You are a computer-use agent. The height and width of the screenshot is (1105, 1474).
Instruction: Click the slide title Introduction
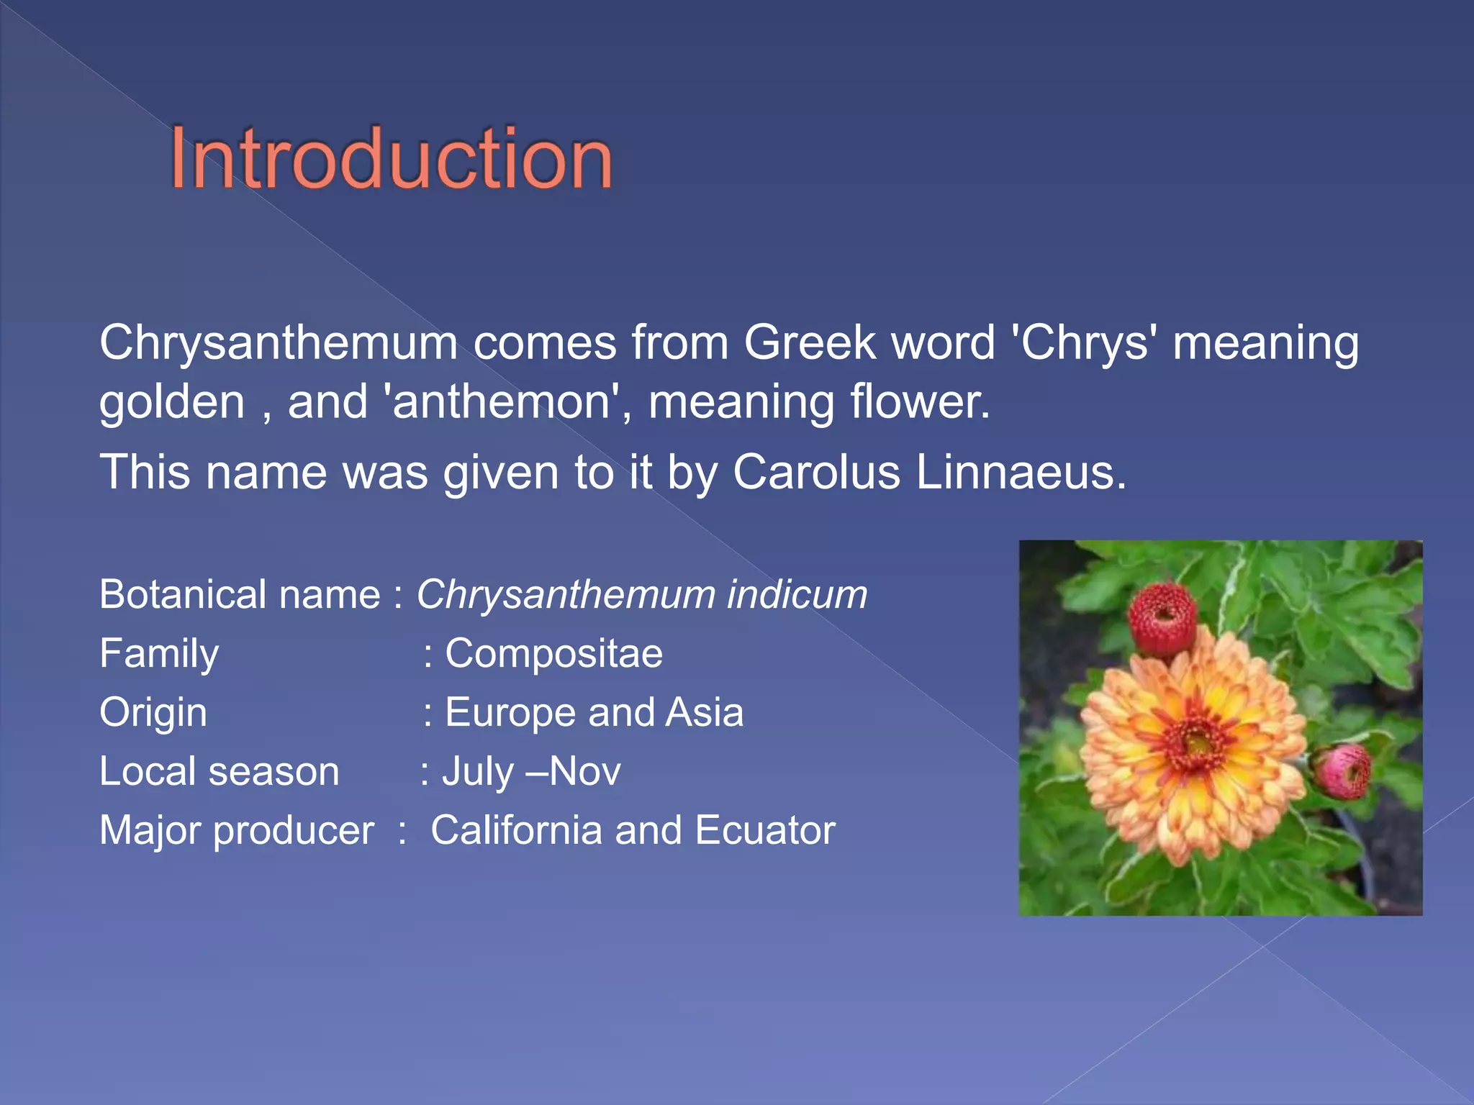pos(391,159)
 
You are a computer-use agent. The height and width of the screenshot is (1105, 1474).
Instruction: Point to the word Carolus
pos(816,473)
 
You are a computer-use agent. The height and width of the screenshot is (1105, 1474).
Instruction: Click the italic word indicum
pos(797,595)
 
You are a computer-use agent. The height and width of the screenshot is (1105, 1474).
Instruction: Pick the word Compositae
pos(553,654)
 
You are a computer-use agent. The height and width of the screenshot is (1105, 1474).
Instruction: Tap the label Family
pos(159,654)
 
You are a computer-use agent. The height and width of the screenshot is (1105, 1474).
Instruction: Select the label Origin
pos(153,713)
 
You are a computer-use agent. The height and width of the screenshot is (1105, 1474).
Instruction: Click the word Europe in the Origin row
pos(510,713)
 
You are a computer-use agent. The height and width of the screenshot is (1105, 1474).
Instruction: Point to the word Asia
pos(704,713)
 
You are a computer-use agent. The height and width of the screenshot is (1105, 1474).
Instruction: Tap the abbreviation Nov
pos(584,772)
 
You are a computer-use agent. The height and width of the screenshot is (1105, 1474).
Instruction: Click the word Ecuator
pos(765,831)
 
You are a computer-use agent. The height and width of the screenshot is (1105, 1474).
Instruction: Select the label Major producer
pos(236,831)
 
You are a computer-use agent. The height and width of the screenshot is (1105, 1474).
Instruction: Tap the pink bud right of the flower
pos(1343,771)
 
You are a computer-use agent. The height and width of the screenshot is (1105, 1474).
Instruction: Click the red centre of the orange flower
pos(1198,740)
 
